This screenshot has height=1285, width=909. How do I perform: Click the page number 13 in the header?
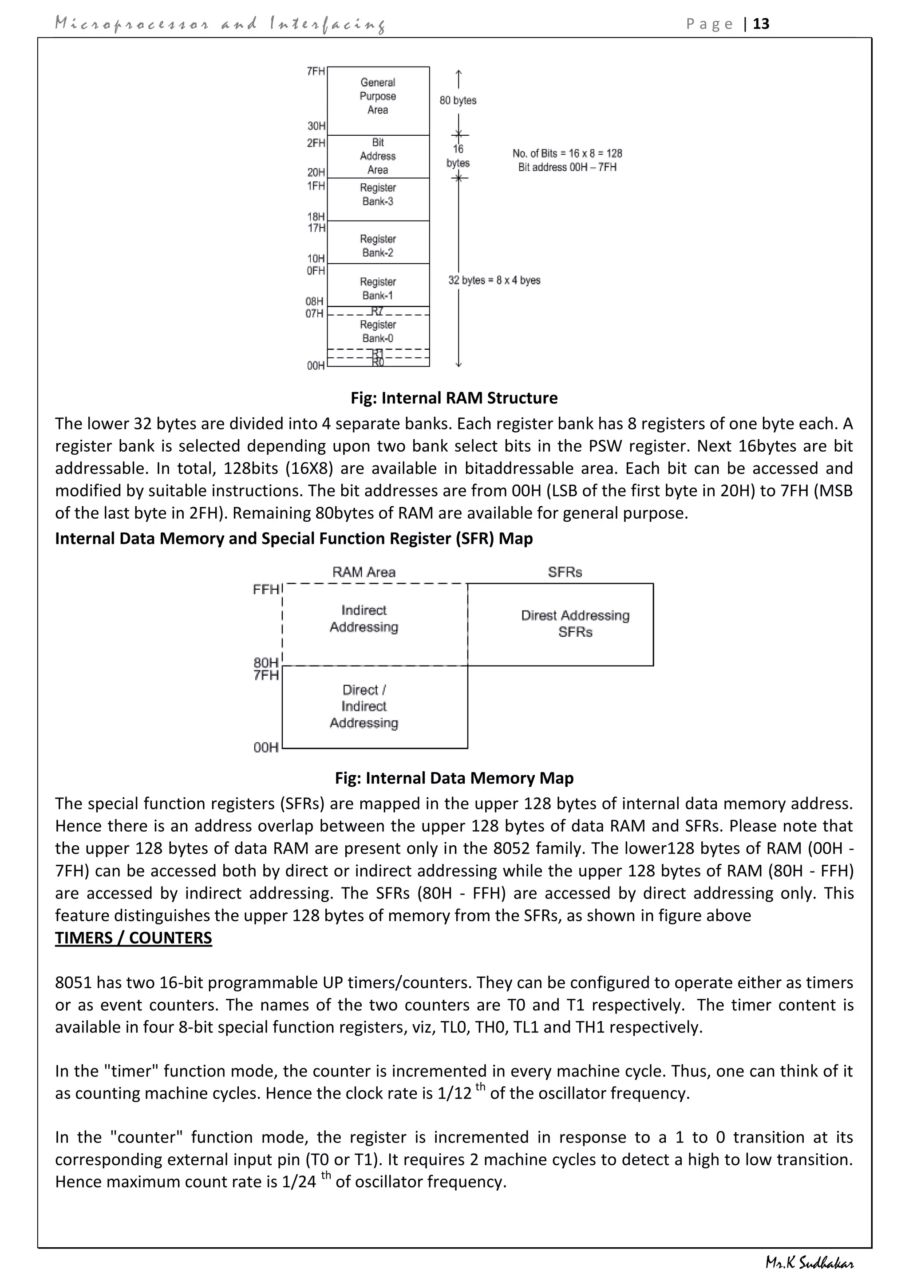[x=761, y=24]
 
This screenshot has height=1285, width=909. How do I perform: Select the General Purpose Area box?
[x=378, y=100]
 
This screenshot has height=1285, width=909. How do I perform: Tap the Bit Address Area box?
[x=378, y=156]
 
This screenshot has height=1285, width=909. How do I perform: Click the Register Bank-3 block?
[x=378, y=199]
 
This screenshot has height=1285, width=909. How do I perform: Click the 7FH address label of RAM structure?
[x=316, y=71]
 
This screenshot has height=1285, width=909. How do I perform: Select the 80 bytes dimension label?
[x=458, y=101]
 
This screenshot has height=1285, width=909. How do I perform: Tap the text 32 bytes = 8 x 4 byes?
[x=494, y=280]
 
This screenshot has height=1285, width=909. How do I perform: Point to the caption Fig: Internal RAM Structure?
[x=454, y=398]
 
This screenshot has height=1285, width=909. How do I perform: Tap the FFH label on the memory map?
[x=266, y=589]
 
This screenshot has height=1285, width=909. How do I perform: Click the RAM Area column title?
[x=364, y=572]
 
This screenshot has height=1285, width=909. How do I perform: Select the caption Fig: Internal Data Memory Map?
[x=454, y=778]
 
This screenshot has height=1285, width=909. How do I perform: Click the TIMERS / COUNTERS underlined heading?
[x=133, y=938]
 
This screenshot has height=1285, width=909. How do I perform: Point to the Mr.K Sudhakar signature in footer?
[x=810, y=1264]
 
